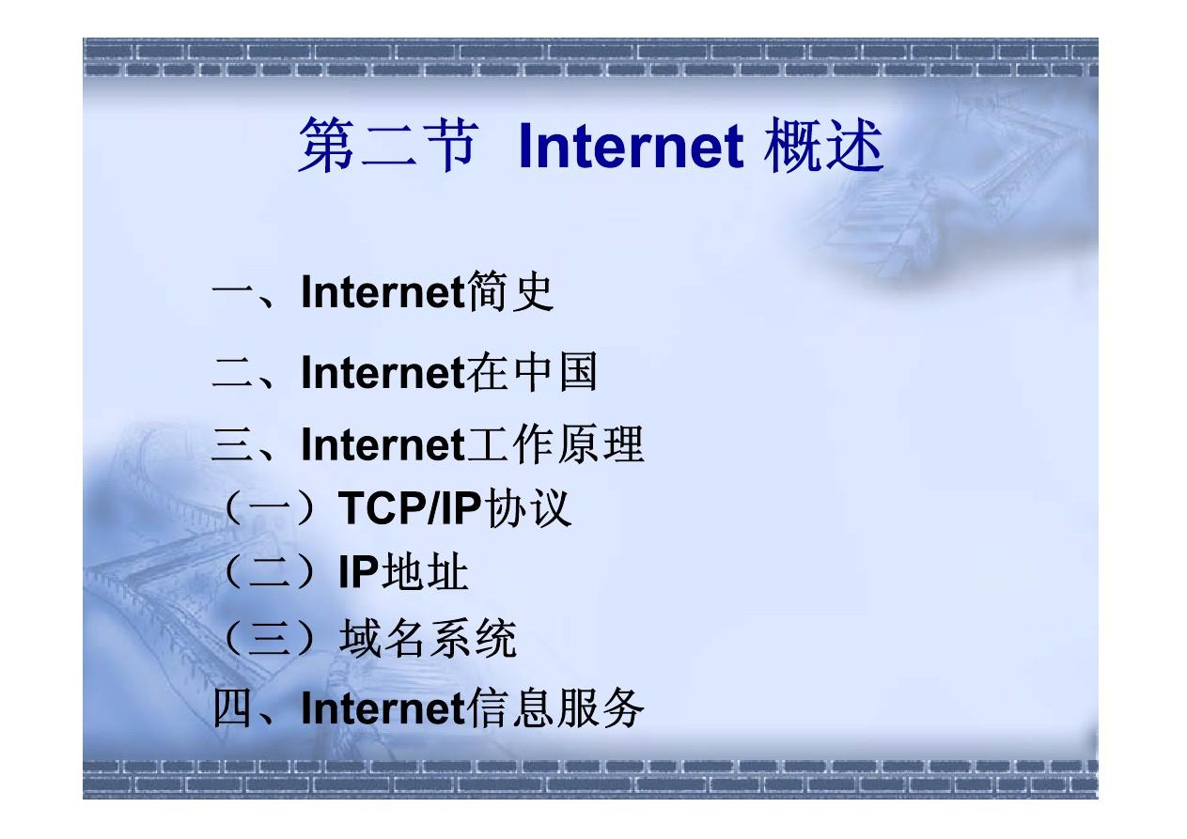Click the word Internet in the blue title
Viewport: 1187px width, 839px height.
631,145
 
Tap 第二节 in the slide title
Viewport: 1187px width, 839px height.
388,145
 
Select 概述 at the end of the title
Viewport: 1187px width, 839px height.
823,145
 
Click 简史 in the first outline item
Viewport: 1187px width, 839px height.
509,291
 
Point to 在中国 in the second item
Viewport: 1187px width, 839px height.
532,372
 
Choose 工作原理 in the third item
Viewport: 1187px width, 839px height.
554,444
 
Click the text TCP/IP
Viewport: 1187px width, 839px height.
409,508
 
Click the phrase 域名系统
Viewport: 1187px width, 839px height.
428,638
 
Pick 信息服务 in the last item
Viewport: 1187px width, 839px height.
554,707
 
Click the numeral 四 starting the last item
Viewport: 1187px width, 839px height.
231,708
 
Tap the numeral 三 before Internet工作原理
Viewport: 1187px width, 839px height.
231,445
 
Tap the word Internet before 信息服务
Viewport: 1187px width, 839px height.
383,708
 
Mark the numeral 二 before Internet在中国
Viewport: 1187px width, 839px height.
231,372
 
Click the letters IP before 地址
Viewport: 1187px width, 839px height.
359,572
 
